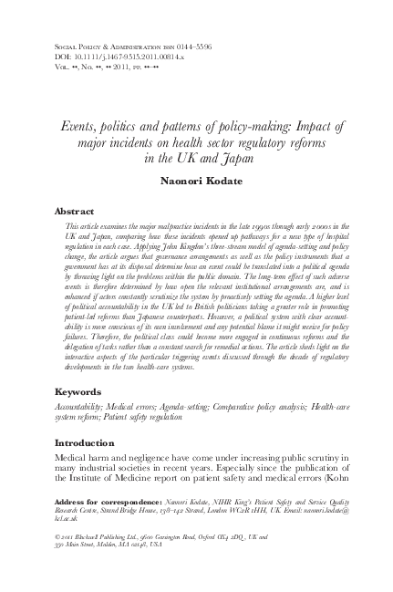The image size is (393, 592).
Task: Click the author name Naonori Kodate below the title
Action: (x=197, y=181)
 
